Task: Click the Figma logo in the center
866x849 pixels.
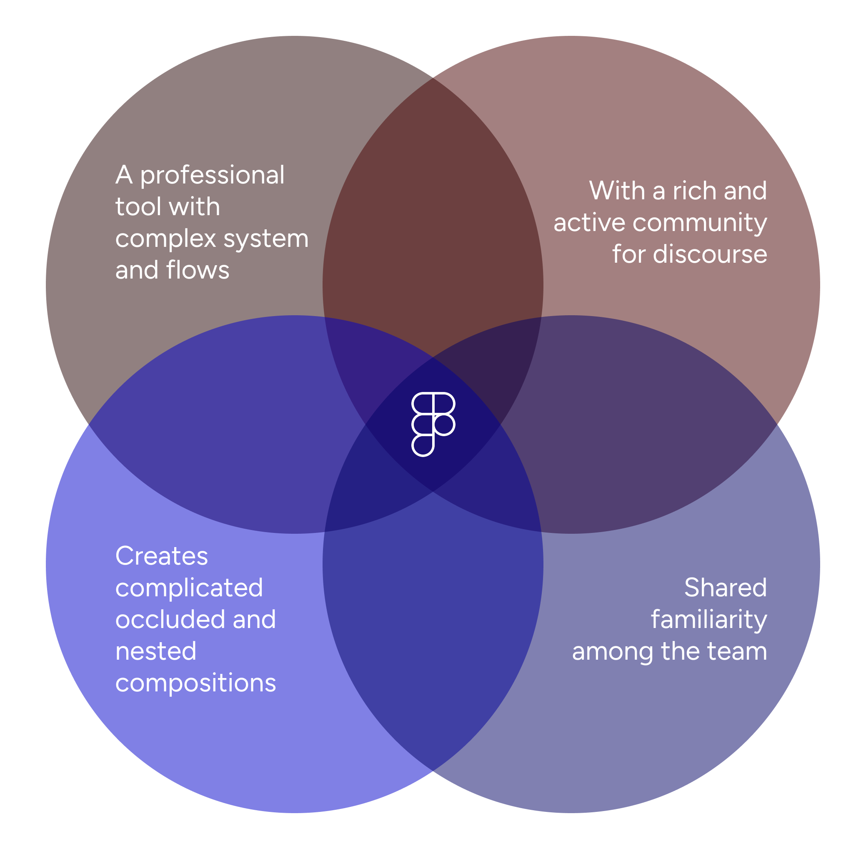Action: [x=433, y=424]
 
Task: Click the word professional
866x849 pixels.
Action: [x=212, y=175]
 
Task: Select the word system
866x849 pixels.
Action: [x=265, y=239]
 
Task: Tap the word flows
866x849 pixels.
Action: [x=198, y=270]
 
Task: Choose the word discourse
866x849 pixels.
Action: [x=710, y=255]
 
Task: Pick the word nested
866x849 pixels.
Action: [x=155, y=651]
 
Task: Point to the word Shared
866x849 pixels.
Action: [x=725, y=588]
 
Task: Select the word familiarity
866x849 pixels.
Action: [x=708, y=619]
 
